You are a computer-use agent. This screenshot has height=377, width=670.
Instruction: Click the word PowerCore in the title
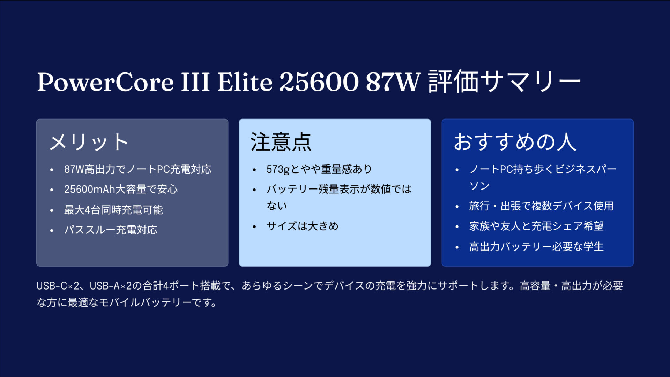tap(105, 82)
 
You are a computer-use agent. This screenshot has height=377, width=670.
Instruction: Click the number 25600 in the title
tap(319, 82)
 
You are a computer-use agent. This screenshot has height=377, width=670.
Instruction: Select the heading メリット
tap(89, 142)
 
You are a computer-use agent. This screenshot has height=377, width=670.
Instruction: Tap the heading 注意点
tap(281, 142)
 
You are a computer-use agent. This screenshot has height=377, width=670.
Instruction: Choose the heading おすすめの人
tap(515, 142)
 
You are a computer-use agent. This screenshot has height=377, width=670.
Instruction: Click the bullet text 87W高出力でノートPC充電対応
tap(138, 169)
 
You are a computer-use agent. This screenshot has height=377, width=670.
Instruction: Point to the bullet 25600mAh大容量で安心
tap(121, 190)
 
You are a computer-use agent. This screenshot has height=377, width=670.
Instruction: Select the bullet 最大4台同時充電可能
tap(113, 210)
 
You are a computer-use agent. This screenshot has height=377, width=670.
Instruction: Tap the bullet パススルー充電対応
tap(111, 230)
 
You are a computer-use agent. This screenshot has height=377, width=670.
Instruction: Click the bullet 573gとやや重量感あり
tap(319, 169)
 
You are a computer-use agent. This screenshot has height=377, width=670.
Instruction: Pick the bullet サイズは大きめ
tap(303, 226)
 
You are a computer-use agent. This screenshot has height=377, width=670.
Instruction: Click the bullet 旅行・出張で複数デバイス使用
tap(541, 206)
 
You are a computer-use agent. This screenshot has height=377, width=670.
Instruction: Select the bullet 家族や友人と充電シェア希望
tap(536, 226)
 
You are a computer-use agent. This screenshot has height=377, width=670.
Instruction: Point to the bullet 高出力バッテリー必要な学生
tap(536, 247)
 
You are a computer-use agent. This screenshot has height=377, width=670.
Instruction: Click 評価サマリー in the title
tap(505, 82)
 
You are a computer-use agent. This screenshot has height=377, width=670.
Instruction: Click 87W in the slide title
tap(393, 82)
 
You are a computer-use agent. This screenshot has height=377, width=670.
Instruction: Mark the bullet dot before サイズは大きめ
tap(254, 227)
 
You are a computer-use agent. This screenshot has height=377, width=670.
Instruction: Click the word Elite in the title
tap(245, 82)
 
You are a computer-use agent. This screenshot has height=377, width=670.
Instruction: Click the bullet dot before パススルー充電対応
tap(52, 231)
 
